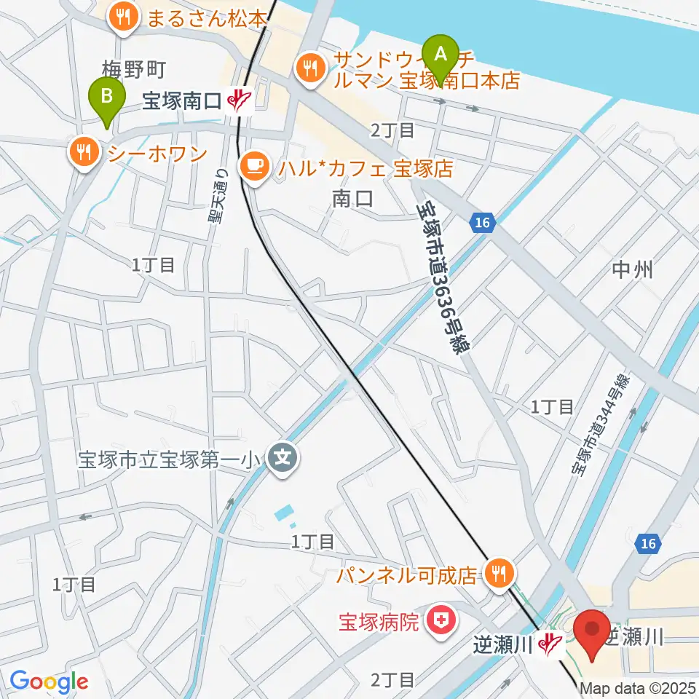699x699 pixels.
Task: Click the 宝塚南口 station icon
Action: pos(240,101)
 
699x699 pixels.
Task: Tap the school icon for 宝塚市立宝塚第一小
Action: pos(280,458)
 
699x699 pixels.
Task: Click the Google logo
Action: pos(49,682)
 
